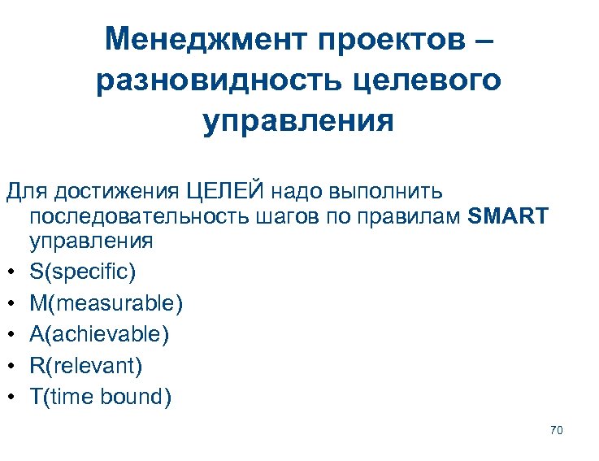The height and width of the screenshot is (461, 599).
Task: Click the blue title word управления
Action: [x=298, y=122]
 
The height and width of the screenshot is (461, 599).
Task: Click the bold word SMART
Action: [x=510, y=217]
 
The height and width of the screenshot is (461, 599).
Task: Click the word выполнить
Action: [x=387, y=191]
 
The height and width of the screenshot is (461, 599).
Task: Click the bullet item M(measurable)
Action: [x=106, y=303]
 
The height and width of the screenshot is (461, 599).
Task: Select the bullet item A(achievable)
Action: [x=99, y=334]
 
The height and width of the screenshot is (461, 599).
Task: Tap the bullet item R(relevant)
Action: [x=85, y=366]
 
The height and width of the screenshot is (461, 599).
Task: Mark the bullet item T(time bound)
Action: [x=100, y=398]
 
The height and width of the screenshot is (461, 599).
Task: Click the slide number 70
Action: [x=556, y=429]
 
